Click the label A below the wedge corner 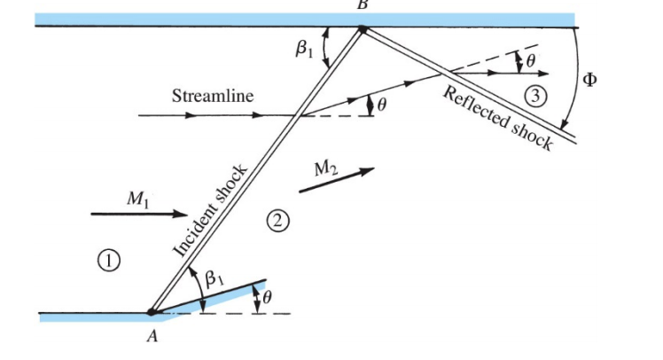[152, 340]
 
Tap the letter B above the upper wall [362, 4]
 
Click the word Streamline [213, 95]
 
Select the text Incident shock [210, 209]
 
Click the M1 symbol [136, 200]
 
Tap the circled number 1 [109, 259]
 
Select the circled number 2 [280, 221]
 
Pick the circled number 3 [532, 94]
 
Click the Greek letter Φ [589, 80]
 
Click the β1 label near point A [214, 278]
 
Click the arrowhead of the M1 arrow [183, 214]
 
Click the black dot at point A [152, 312]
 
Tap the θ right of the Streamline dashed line [382, 104]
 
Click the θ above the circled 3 [531, 61]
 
